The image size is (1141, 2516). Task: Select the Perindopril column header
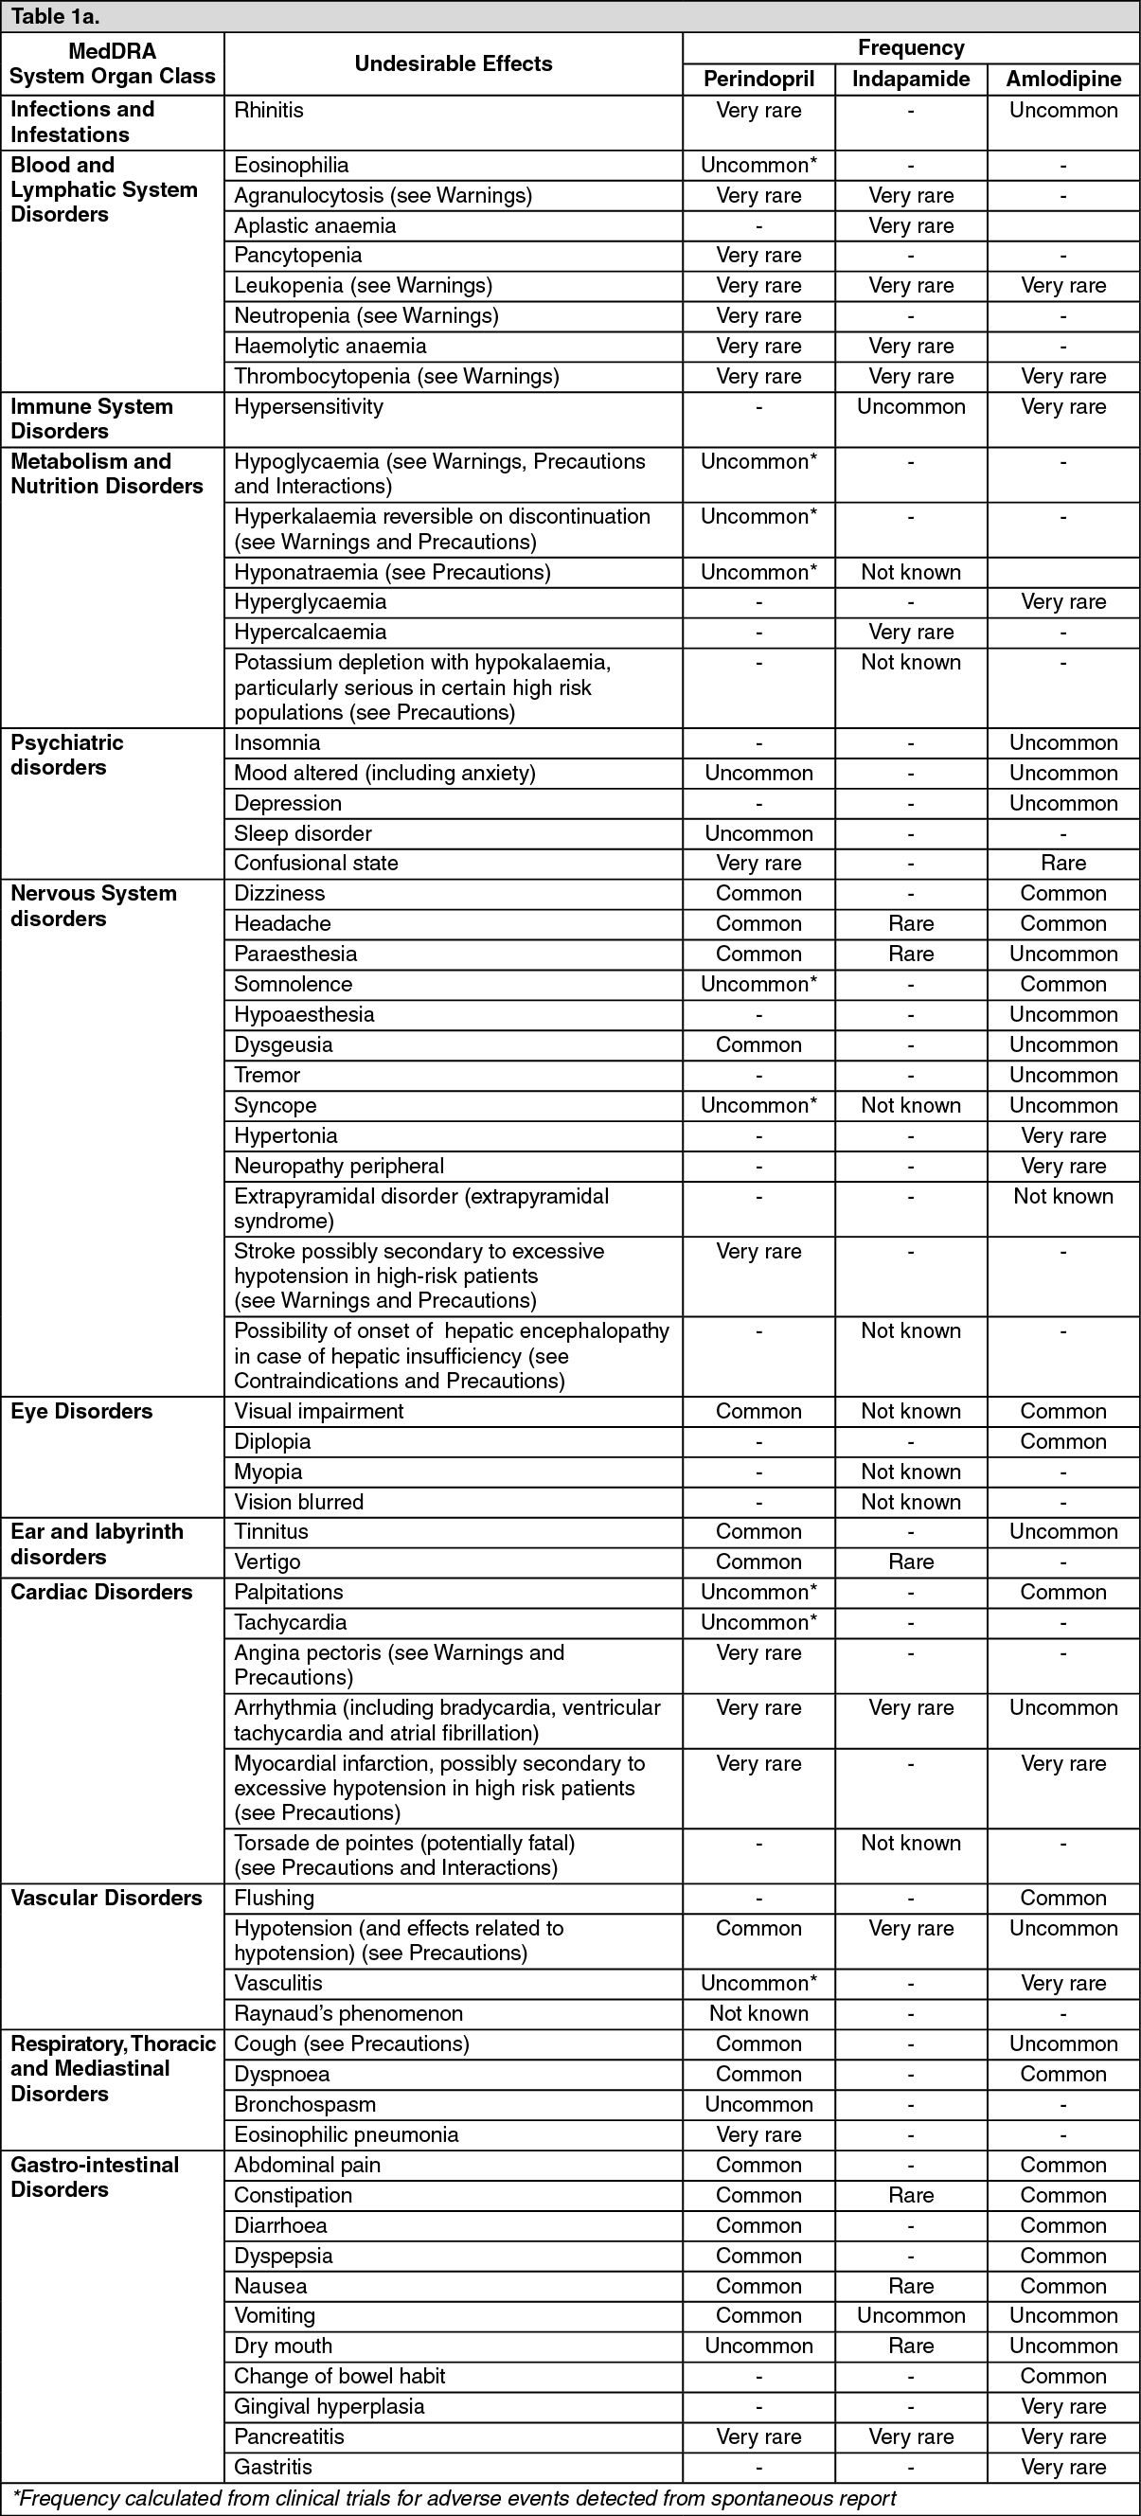[x=758, y=80]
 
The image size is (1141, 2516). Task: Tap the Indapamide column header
[x=911, y=80]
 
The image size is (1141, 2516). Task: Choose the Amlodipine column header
[x=1062, y=80]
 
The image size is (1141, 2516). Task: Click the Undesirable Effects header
[x=454, y=63]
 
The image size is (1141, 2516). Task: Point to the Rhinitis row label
[x=269, y=111]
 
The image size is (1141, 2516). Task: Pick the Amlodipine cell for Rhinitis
[x=1062, y=111]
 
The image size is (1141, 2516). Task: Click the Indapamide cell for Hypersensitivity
[x=911, y=406]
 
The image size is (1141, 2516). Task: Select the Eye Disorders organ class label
[x=81, y=1410]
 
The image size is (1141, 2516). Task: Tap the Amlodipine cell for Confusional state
[x=1062, y=863]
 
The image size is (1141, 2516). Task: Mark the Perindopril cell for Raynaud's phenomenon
[x=758, y=2013]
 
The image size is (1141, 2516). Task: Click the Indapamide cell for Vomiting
[x=911, y=2315]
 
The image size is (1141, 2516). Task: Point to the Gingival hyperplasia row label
[x=330, y=2405]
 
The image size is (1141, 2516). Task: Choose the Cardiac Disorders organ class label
[x=101, y=1592]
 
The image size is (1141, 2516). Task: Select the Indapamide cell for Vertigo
[x=911, y=1561]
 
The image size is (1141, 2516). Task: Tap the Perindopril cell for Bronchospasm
[x=758, y=2104]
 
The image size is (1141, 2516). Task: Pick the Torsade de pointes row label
[x=404, y=1843]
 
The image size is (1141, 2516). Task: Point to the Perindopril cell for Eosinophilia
[x=758, y=165]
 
